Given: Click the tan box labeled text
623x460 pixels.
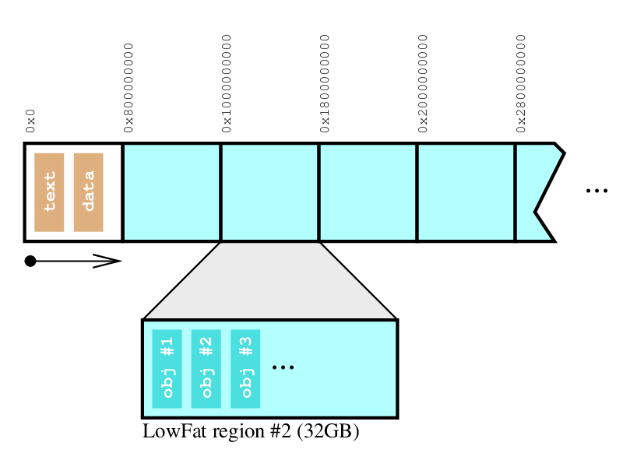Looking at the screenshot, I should click(x=49, y=192).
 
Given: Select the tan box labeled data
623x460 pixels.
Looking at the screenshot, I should click(x=88, y=192).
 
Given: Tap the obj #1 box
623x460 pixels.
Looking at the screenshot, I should click(x=167, y=368).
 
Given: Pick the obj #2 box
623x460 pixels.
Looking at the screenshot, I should click(x=206, y=368).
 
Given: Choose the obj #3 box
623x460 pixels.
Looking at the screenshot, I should click(x=245, y=368).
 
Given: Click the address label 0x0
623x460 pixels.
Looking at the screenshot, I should click(x=31, y=122).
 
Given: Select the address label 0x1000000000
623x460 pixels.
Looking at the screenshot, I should click(x=227, y=80).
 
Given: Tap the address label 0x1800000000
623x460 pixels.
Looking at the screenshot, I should click(x=326, y=80).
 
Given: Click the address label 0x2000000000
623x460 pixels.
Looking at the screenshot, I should click(x=424, y=80).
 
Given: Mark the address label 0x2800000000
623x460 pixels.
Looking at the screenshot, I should click(x=522, y=80).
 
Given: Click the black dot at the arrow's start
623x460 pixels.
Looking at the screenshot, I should click(x=30, y=261).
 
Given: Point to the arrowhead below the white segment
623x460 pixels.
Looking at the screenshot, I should click(x=109, y=261).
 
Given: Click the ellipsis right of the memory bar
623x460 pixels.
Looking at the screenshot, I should click(x=596, y=191).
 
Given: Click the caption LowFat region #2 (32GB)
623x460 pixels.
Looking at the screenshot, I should click(x=250, y=431).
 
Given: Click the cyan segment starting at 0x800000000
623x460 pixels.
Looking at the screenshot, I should click(x=172, y=192).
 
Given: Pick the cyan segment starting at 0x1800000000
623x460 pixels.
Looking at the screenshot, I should click(x=368, y=192).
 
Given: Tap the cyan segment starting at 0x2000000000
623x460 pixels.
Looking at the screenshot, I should click(x=466, y=192).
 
